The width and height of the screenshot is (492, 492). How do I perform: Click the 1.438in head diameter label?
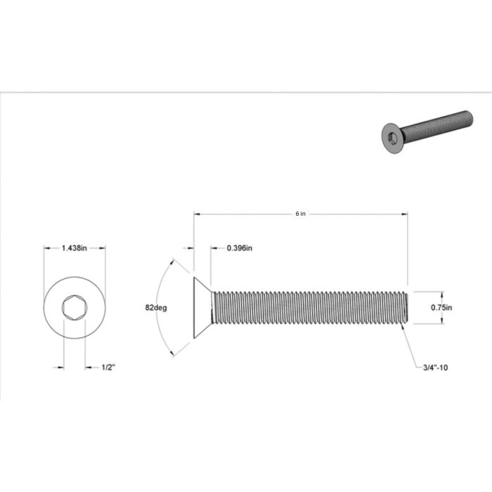coord(75,248)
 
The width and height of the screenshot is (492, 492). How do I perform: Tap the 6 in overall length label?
coord(301,214)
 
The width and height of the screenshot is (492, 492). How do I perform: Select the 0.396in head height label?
coord(240,248)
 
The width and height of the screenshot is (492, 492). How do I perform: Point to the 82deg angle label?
coord(155,307)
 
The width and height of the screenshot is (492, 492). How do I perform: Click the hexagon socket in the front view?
coord(75,308)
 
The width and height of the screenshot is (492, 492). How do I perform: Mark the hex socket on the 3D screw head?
coord(390,137)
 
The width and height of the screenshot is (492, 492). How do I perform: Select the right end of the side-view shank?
coord(406,308)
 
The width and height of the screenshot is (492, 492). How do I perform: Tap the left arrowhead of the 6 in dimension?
coord(197,214)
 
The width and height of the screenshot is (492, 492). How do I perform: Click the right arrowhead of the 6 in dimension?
coord(406,214)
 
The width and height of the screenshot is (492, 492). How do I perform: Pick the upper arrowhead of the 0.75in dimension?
coord(442,294)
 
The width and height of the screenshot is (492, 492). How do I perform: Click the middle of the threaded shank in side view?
coord(309,308)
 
